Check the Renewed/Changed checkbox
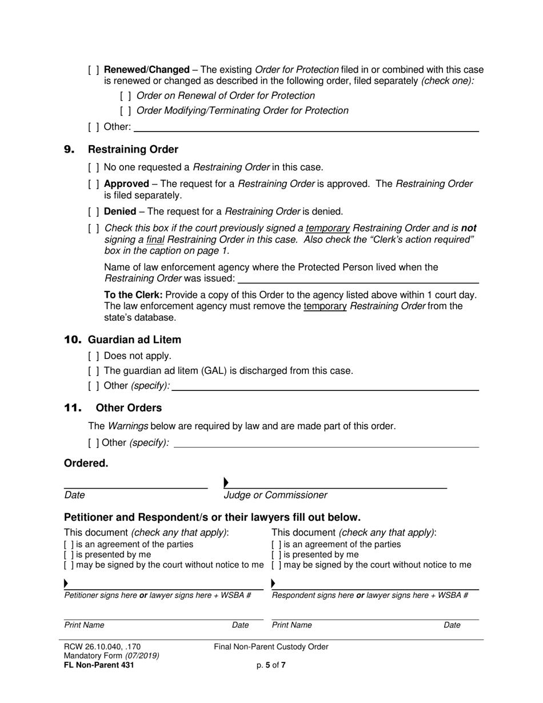[x=94, y=70]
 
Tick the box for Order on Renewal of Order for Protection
[x=126, y=96]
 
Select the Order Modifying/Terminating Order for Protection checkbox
[x=126, y=111]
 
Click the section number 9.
[x=69, y=150]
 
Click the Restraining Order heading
[x=133, y=150]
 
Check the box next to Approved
[x=94, y=184]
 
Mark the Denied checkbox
[x=94, y=212]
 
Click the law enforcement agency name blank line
[x=358, y=279]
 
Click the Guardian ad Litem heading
[x=134, y=340]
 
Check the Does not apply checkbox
[x=94, y=356]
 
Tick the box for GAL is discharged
[x=94, y=371]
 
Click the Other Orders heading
[x=129, y=408]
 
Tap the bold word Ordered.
[x=86, y=464]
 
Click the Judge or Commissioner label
[x=276, y=496]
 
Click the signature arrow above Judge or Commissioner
[x=226, y=483]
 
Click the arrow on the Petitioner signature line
[x=66, y=584]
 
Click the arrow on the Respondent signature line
[x=273, y=584]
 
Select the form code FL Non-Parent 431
[x=99, y=665]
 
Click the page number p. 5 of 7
[x=271, y=665]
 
